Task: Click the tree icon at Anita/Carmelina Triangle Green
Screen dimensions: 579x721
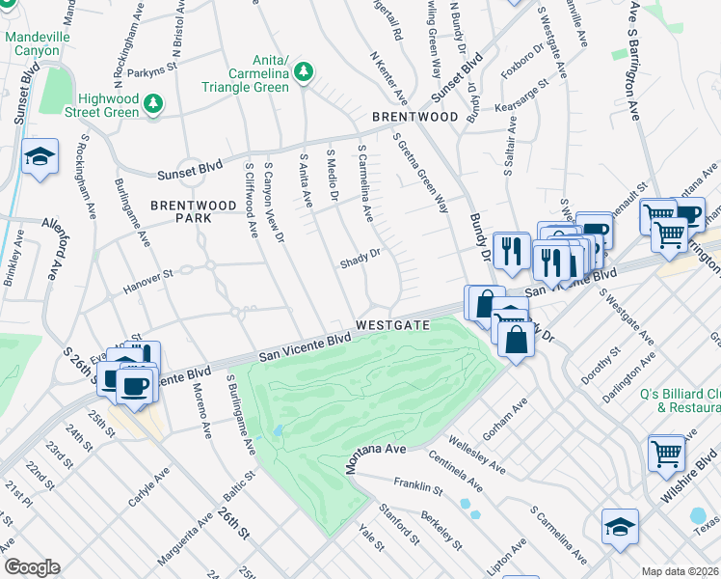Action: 304,71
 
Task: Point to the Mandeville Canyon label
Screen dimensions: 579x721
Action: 38,44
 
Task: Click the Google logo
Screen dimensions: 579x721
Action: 31,567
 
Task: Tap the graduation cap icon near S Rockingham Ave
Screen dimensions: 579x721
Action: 40,157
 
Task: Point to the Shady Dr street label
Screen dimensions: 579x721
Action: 360,262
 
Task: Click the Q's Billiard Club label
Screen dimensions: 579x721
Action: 681,400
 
